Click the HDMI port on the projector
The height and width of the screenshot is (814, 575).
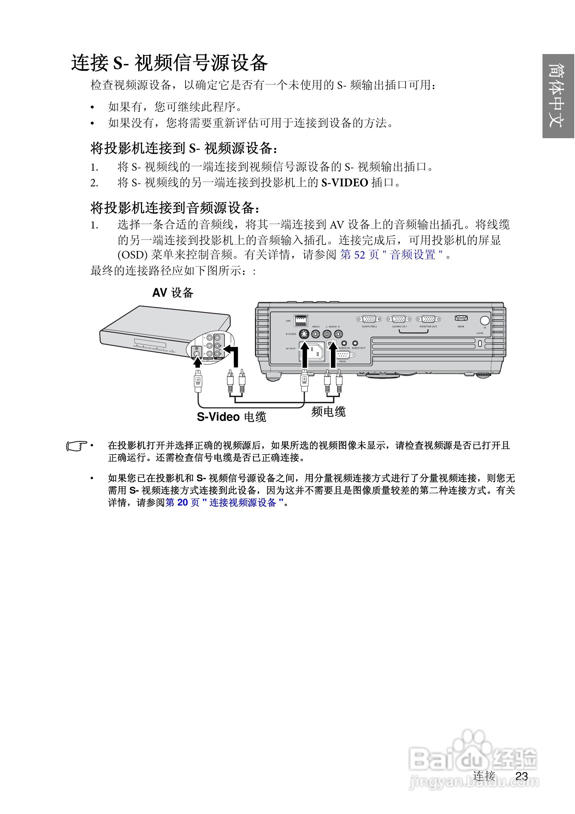pyautogui.click(x=461, y=318)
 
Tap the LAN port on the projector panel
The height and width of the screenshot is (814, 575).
pyautogui.click(x=301, y=320)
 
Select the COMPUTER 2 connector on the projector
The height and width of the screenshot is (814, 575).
pyautogui.click(x=369, y=319)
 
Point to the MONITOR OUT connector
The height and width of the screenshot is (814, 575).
pyautogui.click(x=428, y=319)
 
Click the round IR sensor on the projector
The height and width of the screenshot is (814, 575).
pyautogui.click(x=485, y=320)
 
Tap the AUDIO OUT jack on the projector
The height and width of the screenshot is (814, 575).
pyautogui.click(x=355, y=343)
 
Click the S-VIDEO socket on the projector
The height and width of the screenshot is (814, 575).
pyautogui.click(x=304, y=333)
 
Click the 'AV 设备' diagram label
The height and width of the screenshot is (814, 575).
pyautogui.click(x=173, y=293)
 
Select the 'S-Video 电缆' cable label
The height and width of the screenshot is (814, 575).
pyautogui.click(x=231, y=417)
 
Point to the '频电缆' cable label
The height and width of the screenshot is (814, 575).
pyautogui.click(x=328, y=411)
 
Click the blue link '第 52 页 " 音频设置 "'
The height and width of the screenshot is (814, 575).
pyautogui.click(x=391, y=254)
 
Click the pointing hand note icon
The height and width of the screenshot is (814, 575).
pyautogui.click(x=77, y=446)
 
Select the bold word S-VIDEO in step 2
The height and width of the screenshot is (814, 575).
pyautogui.click(x=344, y=183)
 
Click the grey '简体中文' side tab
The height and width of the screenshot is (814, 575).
pyautogui.click(x=558, y=96)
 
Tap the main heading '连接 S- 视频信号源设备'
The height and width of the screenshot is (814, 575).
pyautogui.click(x=169, y=63)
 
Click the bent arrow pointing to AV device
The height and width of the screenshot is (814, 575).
pyautogui.click(x=233, y=355)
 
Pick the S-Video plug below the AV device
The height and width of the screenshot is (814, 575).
pyautogui.click(x=198, y=381)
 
